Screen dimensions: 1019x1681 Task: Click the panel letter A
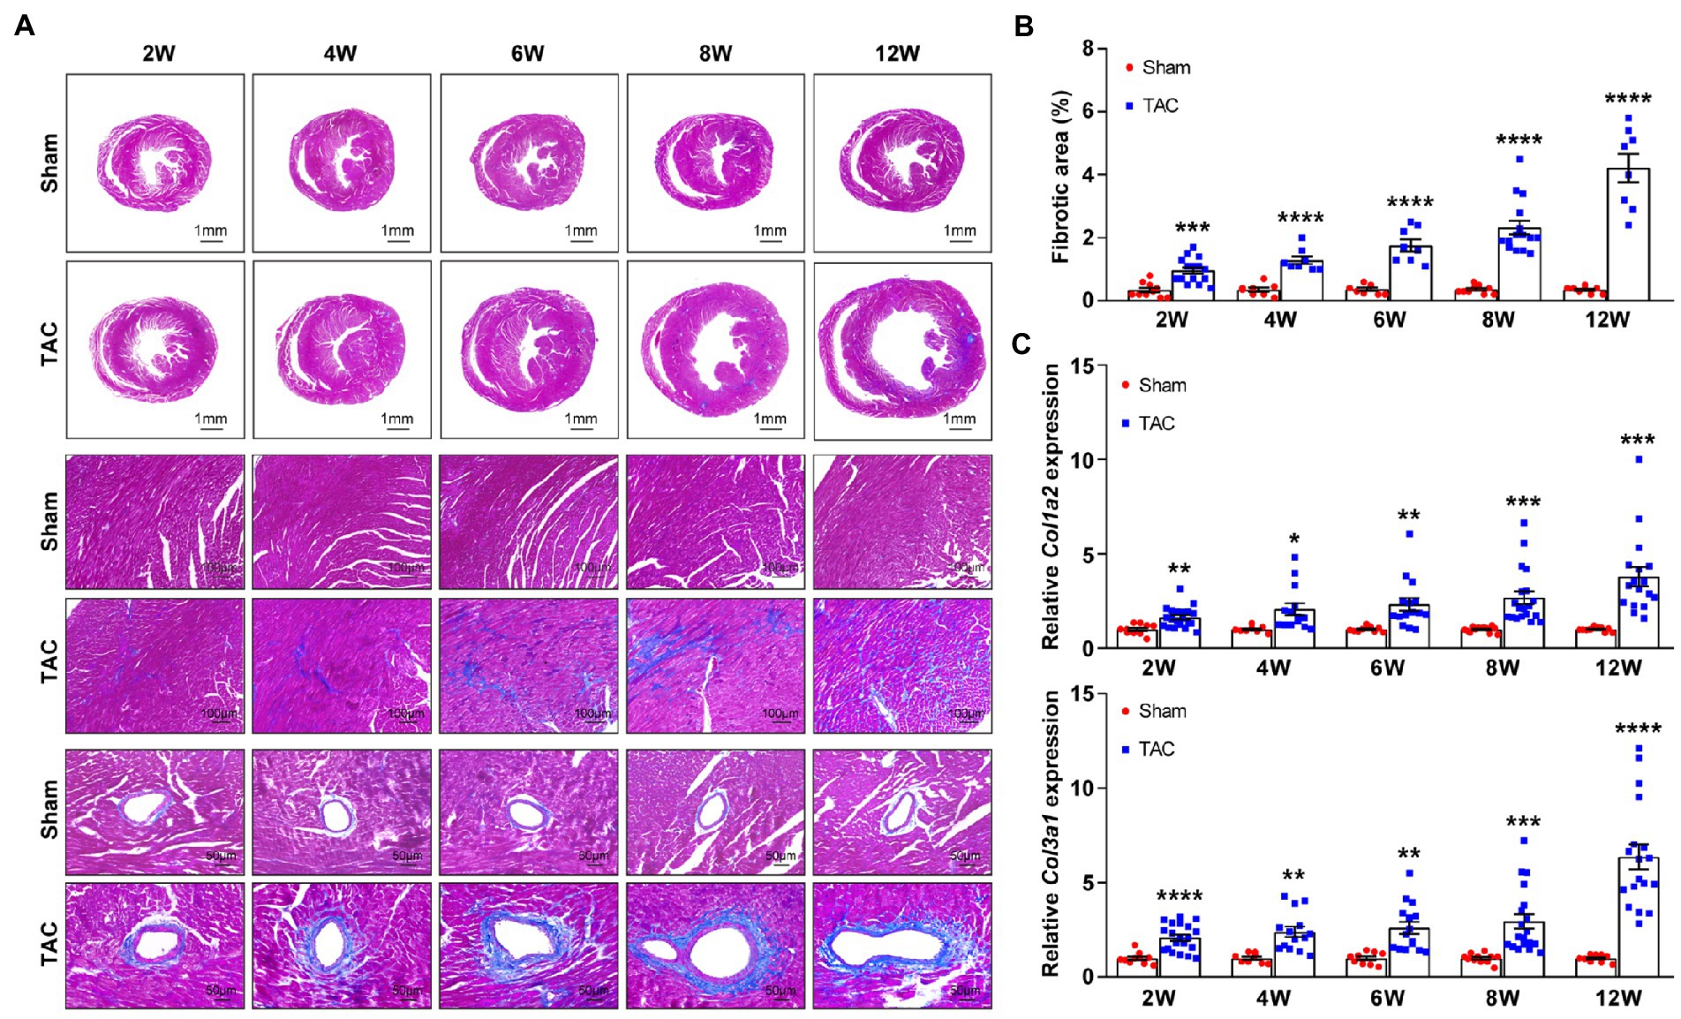tap(24, 26)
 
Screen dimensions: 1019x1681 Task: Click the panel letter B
tap(1023, 26)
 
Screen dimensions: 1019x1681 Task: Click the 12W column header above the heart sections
tap(897, 54)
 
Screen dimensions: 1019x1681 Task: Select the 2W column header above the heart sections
tap(159, 54)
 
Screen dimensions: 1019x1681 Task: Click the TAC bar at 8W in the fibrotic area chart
tap(1519, 264)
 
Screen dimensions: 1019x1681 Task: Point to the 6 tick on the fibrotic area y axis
tap(1088, 111)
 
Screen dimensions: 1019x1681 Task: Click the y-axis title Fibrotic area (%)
tap(1060, 177)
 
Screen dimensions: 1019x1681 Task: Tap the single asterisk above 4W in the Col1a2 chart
tap(1294, 540)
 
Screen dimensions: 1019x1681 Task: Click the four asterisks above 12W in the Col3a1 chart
tap(1639, 729)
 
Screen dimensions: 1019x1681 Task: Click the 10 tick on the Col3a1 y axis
tap(1082, 788)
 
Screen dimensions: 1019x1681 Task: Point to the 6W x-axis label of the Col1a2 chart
tap(1387, 668)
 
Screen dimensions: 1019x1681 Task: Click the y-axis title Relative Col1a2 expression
tap(1051, 508)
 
